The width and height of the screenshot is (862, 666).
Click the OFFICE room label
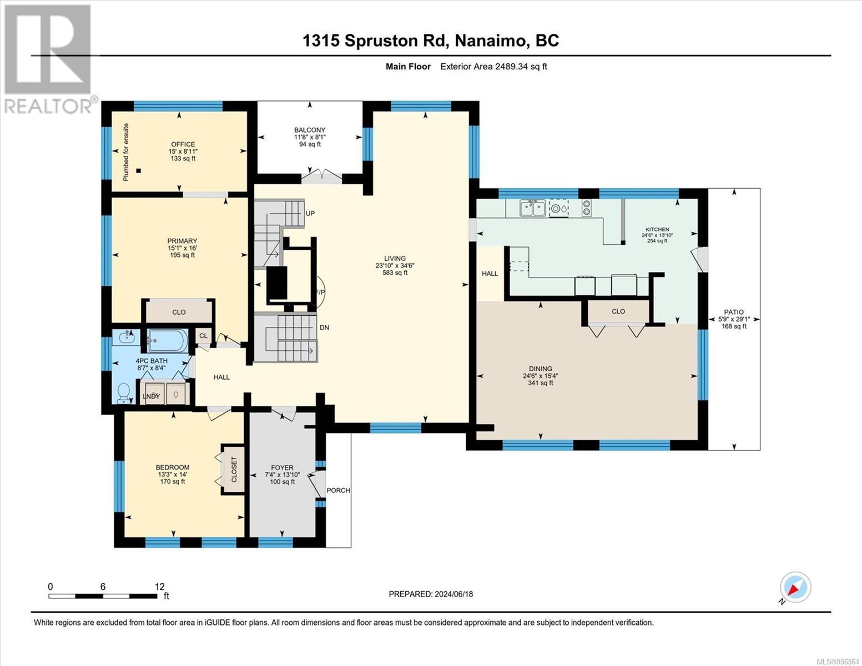[x=183, y=144]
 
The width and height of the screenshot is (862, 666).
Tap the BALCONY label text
[x=309, y=130]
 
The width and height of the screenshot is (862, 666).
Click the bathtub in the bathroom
[x=168, y=341]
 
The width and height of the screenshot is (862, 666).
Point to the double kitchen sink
[x=532, y=208]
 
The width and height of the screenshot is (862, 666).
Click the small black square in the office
[x=138, y=171]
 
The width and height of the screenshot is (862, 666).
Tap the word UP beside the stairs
[x=310, y=214]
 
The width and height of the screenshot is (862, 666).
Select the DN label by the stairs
[x=325, y=327]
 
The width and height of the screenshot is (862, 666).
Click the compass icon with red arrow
[x=795, y=587]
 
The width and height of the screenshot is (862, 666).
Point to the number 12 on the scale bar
[x=159, y=587]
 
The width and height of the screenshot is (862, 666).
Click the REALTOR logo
[x=49, y=59]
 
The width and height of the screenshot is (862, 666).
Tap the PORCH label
[x=339, y=490]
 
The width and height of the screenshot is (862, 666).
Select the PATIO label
[x=734, y=312]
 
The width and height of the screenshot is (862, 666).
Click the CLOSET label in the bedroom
[x=234, y=470]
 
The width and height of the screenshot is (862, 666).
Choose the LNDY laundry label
[x=151, y=396]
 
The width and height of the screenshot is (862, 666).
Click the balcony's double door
[x=322, y=176]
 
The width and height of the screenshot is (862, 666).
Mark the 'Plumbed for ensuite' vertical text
[x=126, y=152]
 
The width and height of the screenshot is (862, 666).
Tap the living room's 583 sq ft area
[x=395, y=273]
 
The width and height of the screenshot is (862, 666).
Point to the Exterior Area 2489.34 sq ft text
[x=493, y=67]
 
